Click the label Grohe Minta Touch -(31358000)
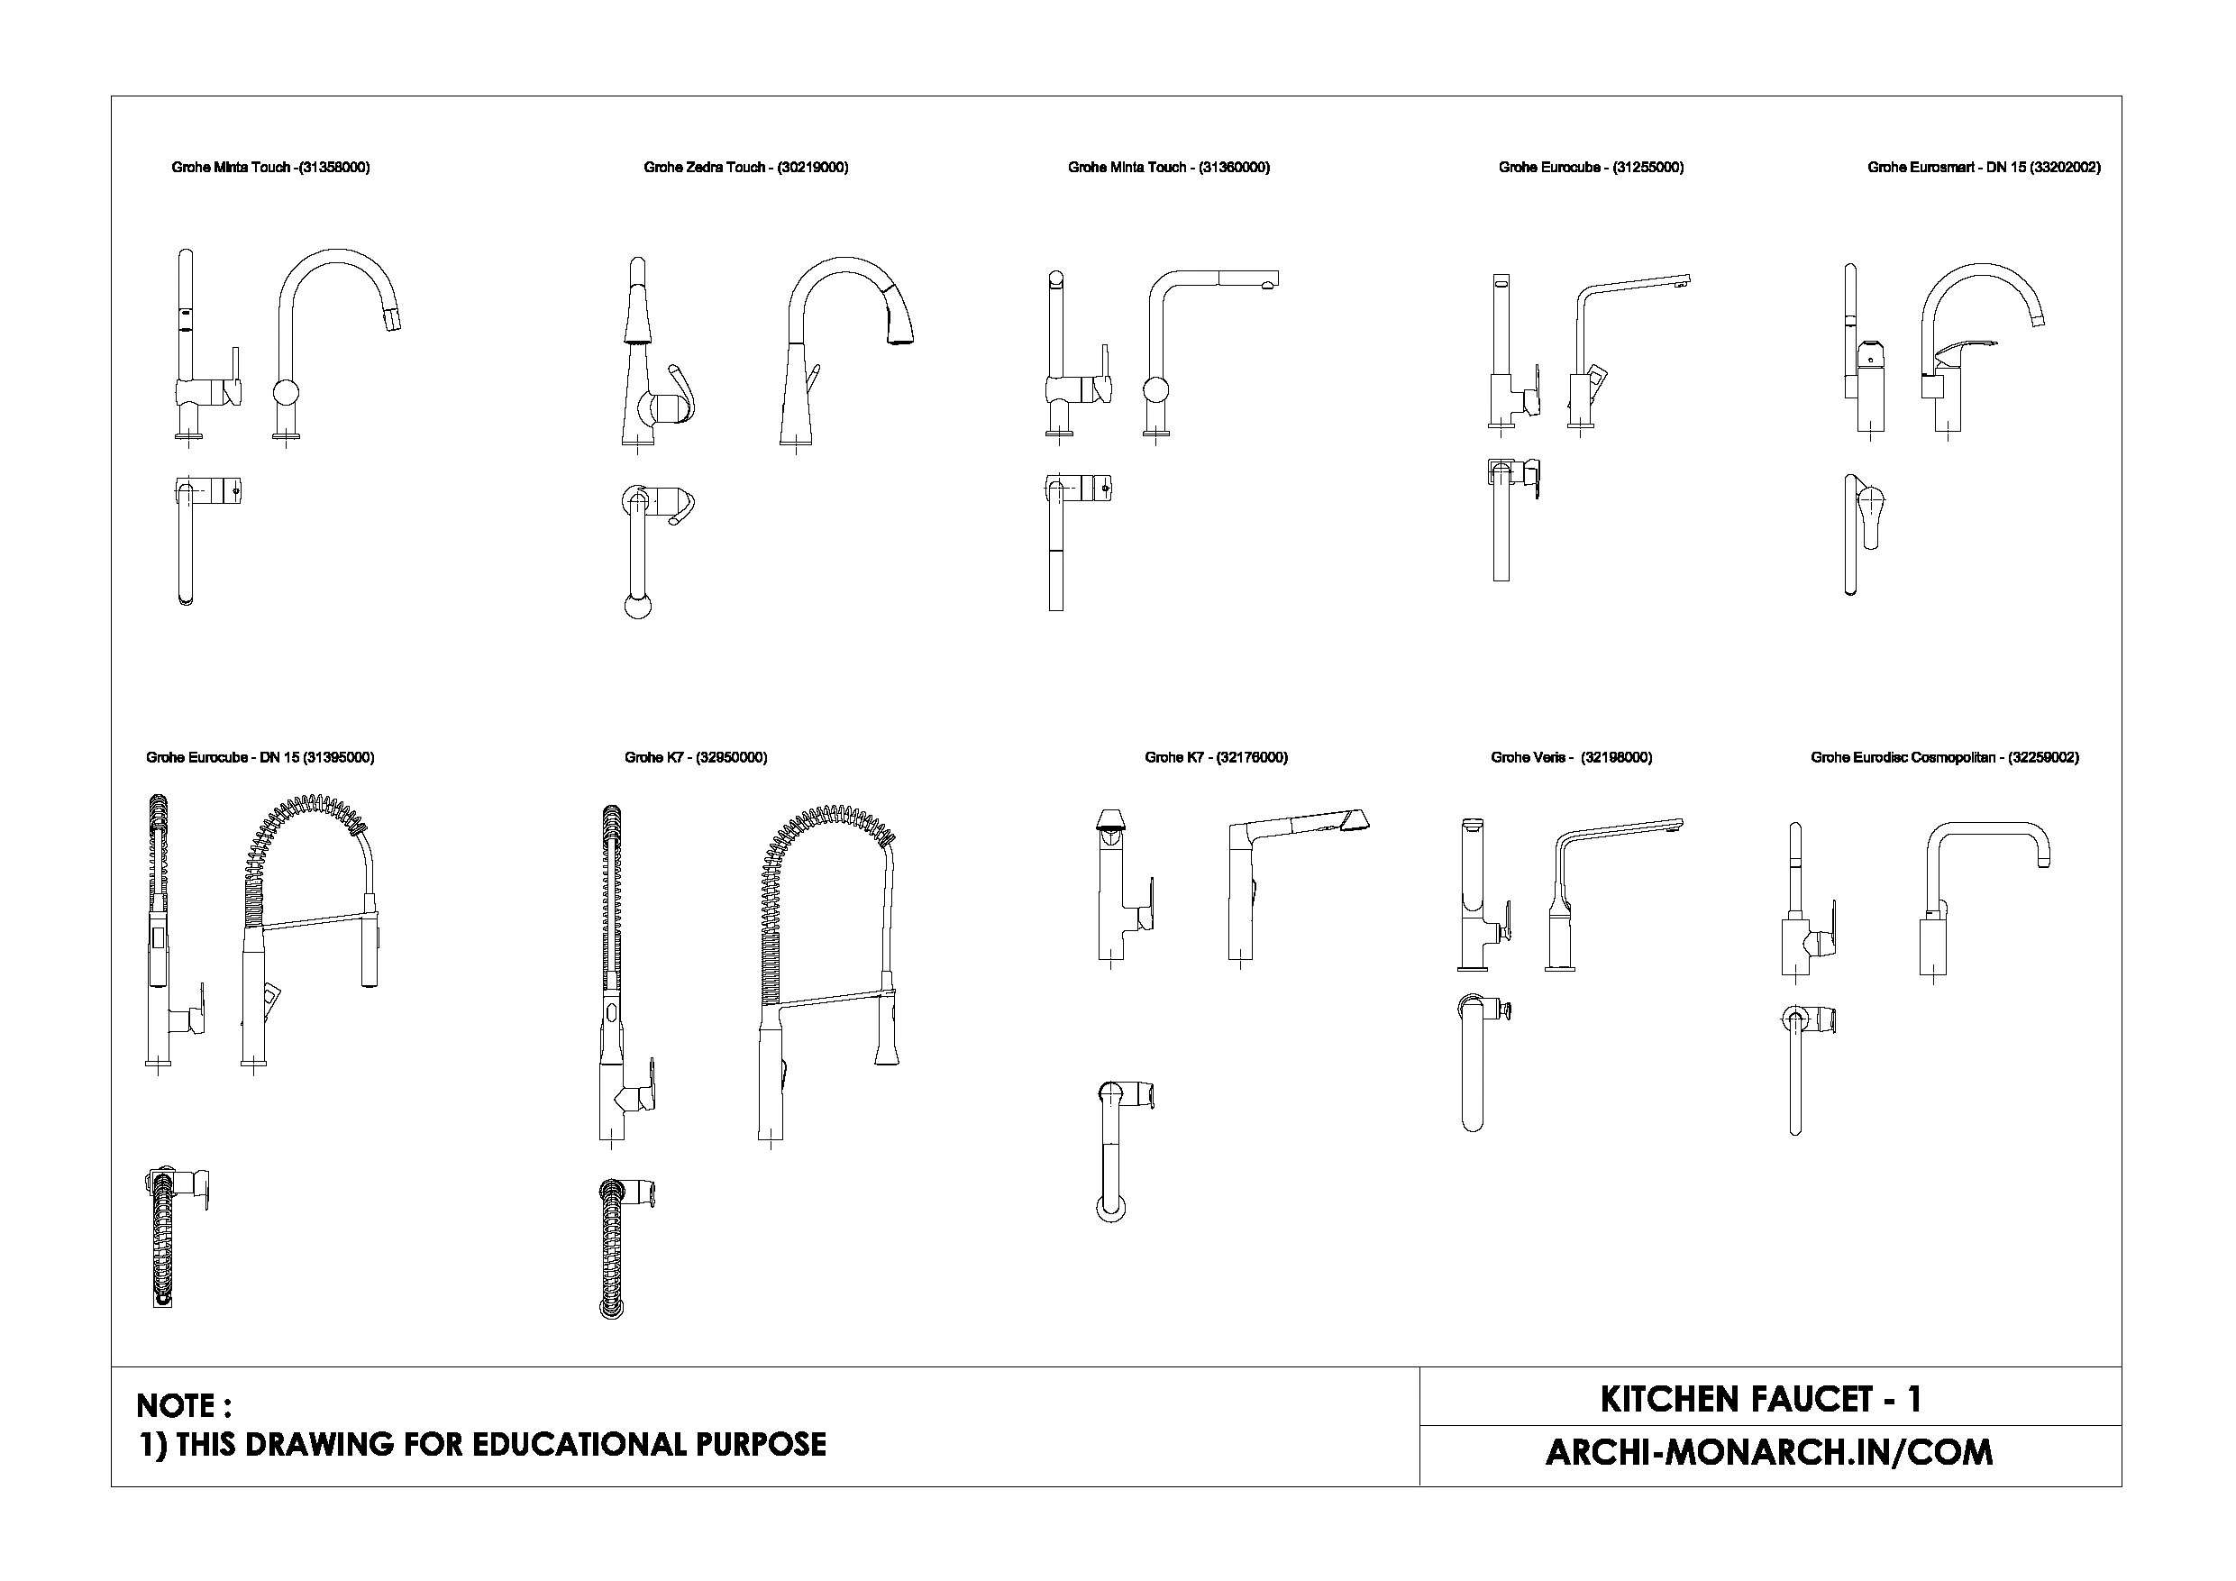[270, 168]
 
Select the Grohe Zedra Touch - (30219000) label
[746, 168]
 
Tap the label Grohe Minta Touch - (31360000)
[1169, 168]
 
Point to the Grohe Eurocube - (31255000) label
[1592, 168]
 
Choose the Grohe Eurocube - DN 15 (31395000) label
[260, 758]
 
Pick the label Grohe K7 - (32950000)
[697, 758]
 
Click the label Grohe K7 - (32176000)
[1217, 758]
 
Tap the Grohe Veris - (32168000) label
[1572, 758]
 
